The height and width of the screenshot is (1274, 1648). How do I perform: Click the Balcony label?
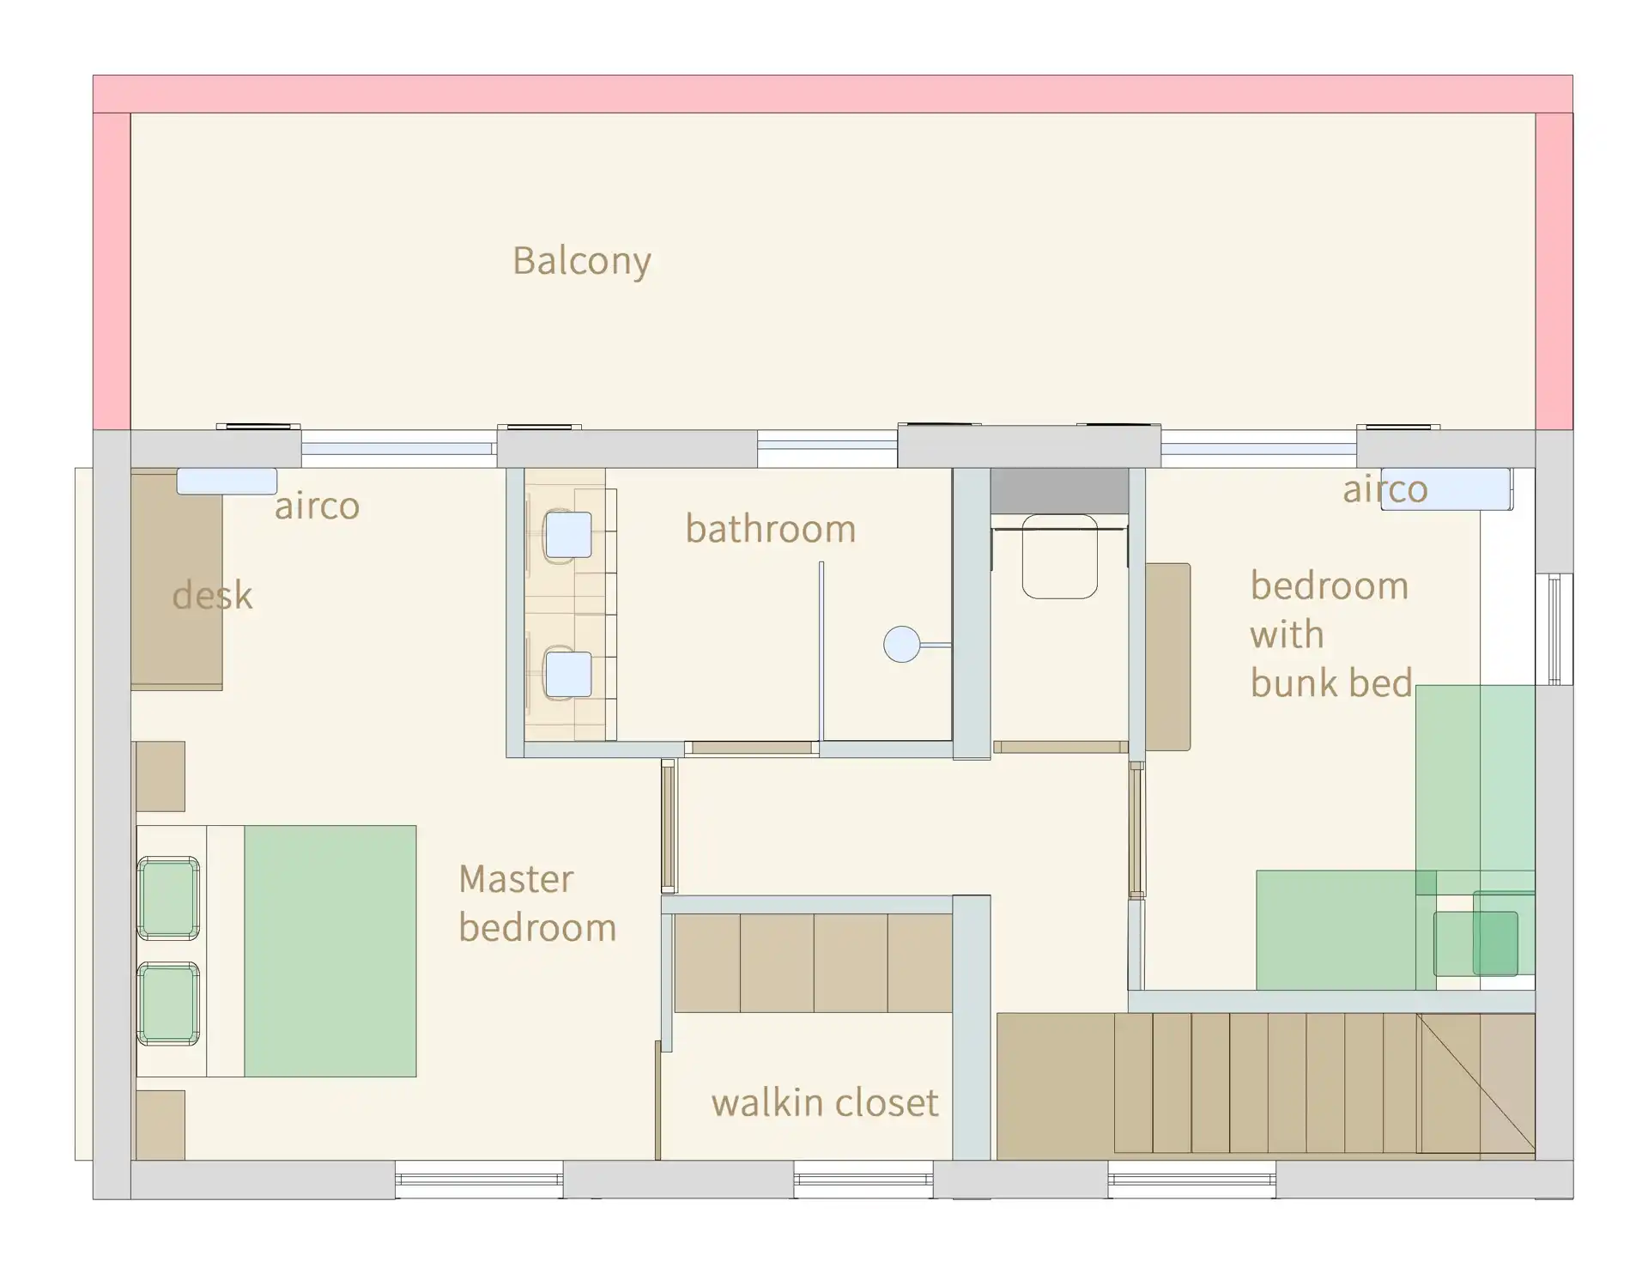[582, 261]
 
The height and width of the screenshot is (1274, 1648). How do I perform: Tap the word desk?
[212, 594]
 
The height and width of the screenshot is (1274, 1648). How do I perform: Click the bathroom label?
[770, 528]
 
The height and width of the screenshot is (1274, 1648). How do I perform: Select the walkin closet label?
[825, 1101]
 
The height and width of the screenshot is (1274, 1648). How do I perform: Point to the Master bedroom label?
[537, 903]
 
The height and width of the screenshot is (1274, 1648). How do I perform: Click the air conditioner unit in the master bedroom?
[227, 481]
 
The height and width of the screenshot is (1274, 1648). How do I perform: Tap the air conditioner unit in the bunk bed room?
[1445, 489]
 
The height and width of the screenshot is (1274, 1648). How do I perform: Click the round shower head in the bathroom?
[901, 644]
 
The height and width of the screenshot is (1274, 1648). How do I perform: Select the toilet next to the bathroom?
[1060, 556]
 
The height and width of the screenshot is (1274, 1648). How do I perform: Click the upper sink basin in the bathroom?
[568, 535]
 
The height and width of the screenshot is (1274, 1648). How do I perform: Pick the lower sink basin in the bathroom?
[568, 675]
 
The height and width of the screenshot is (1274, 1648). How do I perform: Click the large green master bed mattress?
[330, 951]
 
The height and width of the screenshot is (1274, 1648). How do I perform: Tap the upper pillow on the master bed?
[168, 897]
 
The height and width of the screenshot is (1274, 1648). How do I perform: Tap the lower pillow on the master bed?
[168, 1004]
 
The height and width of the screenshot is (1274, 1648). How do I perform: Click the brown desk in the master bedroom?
[177, 579]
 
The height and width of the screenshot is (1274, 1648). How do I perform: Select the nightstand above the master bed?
[161, 776]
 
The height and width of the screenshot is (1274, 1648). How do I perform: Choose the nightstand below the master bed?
[161, 1125]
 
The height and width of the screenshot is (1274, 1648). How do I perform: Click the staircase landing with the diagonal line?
[1475, 1083]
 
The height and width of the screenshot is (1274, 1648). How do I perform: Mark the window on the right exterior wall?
[1554, 629]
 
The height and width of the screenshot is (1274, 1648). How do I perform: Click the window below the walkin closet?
[863, 1180]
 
